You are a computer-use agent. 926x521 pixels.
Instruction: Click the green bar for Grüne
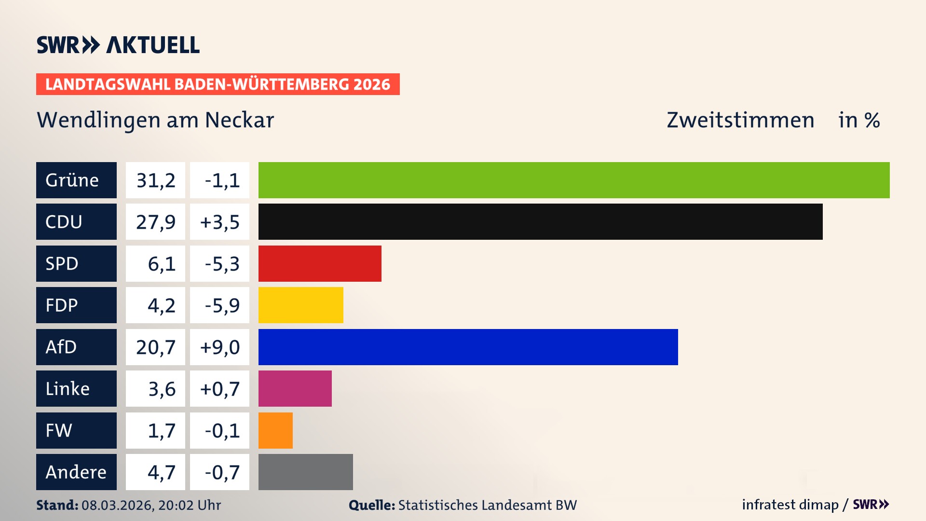pos(574,180)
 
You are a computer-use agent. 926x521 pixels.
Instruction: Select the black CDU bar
pos(540,222)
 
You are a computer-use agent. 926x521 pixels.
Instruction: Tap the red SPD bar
pos(320,263)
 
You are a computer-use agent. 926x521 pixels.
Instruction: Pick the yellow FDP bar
pos(300,305)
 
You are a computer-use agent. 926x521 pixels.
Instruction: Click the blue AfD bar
pos(468,347)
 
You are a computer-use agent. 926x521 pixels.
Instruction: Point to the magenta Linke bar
pos(295,388)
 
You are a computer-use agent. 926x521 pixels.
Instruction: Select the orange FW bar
pos(275,430)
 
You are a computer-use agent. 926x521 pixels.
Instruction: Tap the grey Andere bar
pos(305,472)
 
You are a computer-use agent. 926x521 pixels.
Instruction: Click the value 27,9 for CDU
pos(155,222)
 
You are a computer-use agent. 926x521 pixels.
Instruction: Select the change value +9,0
pos(219,347)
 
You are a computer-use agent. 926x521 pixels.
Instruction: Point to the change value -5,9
pos(222,305)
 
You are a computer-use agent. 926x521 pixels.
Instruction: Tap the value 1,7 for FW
pos(161,430)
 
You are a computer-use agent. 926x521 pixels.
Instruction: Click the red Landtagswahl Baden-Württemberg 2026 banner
pos(218,84)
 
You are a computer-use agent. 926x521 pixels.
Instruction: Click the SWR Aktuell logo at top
pos(118,45)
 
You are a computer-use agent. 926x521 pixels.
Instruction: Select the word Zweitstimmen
pos(740,120)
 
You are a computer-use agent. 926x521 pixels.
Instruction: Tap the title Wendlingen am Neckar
pos(155,120)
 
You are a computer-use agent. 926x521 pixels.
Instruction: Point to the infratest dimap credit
pos(790,505)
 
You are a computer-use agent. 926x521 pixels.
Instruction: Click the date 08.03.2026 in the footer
pos(117,505)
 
